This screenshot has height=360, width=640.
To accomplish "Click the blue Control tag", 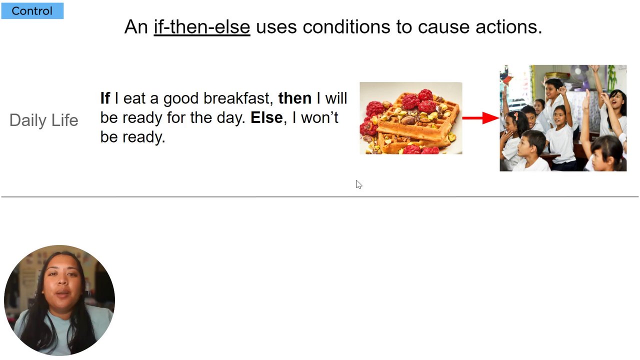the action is point(32,11).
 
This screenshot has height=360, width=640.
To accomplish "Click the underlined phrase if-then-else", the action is point(202,27).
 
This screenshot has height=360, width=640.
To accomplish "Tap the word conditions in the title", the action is point(346,27).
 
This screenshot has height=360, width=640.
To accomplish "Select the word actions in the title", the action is point(508,27).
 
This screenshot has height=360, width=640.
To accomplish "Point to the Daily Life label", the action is point(43,120).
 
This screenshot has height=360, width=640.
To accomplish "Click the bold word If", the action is point(105,98).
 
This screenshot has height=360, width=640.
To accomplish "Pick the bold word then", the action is point(295,98).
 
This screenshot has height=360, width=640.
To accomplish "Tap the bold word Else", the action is point(266,117).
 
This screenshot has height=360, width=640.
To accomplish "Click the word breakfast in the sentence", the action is point(236,98).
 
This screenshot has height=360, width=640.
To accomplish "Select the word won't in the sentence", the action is point(319,117).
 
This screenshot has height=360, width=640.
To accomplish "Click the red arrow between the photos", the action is point(481,118).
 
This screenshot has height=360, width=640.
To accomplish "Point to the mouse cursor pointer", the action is point(359,184).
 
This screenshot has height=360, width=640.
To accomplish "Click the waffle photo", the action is point(411,118).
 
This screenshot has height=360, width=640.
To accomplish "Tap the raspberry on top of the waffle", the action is point(425,94).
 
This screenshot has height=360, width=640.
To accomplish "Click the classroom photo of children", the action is point(563,118).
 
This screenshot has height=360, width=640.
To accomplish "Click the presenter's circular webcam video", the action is point(59,300).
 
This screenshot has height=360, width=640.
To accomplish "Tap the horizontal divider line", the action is point(320,197).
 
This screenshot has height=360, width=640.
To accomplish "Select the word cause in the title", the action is point(443,27).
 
